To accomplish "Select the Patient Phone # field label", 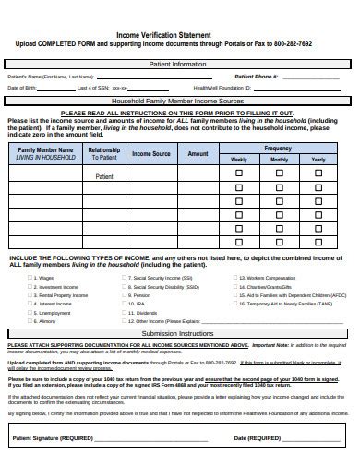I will (x=258, y=77).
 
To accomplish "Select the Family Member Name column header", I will (x=44, y=149).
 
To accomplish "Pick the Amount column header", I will (x=198, y=153).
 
